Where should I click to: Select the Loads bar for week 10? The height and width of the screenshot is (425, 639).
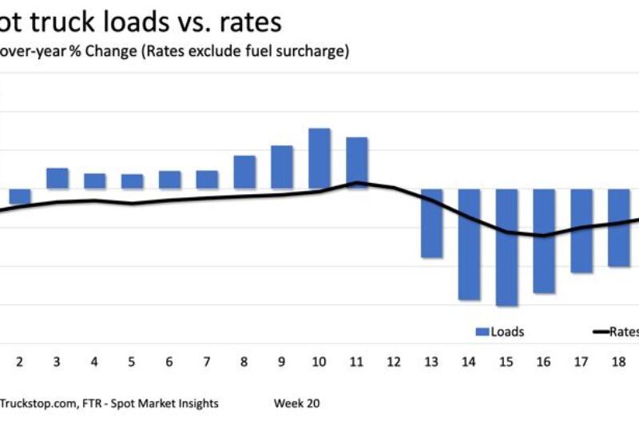319,158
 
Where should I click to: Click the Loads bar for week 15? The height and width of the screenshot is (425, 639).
506,247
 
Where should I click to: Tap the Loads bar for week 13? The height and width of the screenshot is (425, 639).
431,223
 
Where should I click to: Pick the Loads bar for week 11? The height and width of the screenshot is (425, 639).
356,162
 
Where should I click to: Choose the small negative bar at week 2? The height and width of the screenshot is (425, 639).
20,197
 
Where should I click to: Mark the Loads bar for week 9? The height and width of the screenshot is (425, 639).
282,167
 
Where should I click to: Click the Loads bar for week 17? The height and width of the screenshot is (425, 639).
581,231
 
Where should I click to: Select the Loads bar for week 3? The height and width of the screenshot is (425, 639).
57,178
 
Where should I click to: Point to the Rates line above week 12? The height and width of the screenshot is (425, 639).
394,188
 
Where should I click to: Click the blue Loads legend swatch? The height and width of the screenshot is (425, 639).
482,332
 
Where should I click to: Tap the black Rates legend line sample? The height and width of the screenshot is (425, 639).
601,332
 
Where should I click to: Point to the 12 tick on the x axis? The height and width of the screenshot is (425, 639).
394,362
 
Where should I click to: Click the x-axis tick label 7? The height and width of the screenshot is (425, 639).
207,362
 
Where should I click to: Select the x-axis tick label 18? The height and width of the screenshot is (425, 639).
618,362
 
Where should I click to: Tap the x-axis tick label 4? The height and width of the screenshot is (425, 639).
94,362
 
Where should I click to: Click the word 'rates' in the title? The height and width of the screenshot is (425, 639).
247,22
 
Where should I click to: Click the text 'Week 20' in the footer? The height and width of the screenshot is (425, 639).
296,403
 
